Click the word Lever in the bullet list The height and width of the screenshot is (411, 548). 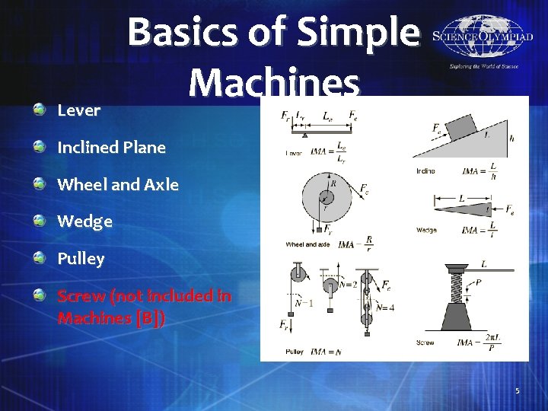tap(78, 110)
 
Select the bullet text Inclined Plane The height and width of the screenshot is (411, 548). tap(111, 148)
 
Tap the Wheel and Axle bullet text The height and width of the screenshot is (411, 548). tap(118, 184)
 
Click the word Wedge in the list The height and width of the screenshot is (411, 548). tap(84, 221)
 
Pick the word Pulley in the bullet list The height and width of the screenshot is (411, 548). tap(81, 259)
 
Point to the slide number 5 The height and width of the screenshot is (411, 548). tap(517, 390)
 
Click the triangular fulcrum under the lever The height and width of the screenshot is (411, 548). tap(304, 133)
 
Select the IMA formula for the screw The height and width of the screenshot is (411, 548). tap(488, 342)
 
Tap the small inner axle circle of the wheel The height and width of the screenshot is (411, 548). tap(326, 199)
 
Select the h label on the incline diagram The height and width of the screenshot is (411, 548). tap(511, 138)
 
